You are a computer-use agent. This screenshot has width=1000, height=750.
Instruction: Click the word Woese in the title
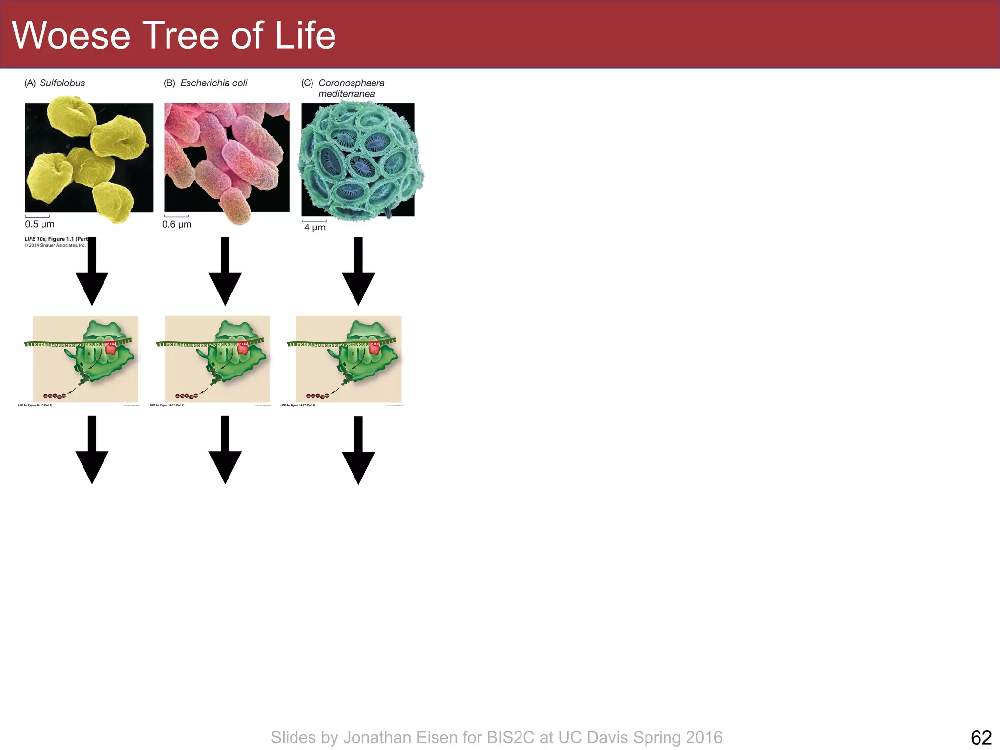[x=71, y=36]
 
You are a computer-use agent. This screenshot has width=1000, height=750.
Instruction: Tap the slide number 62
[x=981, y=737]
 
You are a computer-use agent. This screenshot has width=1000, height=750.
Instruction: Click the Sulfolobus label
[x=62, y=83]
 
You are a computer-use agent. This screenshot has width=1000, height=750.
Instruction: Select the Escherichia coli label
[x=213, y=83]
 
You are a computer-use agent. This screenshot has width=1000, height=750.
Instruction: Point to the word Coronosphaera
[x=351, y=83]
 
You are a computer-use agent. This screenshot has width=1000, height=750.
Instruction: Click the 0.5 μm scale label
[x=40, y=224]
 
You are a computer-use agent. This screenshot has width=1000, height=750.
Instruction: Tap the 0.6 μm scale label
[x=177, y=224]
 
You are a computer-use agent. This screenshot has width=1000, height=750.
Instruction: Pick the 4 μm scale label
[x=314, y=228]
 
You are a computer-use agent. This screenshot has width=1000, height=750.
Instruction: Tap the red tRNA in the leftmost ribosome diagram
[x=111, y=348]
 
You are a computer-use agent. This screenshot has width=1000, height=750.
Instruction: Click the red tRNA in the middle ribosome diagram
[x=243, y=348]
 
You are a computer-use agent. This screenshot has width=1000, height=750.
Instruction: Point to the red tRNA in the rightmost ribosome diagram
[x=374, y=348]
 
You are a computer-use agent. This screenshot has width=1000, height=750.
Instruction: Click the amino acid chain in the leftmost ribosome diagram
[x=55, y=396]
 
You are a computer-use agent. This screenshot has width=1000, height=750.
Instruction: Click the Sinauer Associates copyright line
[x=55, y=245]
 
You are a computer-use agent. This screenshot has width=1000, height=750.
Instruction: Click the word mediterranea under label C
[x=346, y=94]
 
